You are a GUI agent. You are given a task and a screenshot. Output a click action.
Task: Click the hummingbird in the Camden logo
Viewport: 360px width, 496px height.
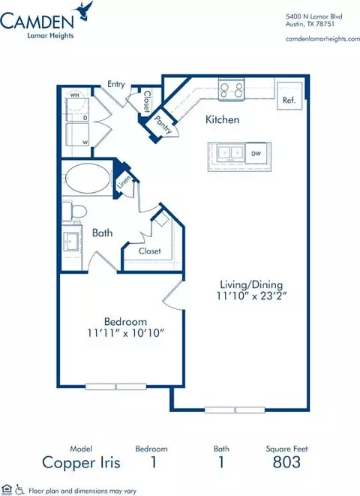[x=85, y=11]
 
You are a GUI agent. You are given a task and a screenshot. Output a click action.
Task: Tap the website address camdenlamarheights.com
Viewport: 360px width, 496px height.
[x=322, y=39]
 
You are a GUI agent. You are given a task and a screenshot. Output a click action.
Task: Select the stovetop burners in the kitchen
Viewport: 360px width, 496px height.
[x=232, y=89]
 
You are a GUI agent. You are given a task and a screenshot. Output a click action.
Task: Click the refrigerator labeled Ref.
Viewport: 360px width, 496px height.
[x=289, y=96]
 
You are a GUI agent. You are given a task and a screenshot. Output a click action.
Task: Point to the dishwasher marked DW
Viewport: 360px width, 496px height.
[x=256, y=153]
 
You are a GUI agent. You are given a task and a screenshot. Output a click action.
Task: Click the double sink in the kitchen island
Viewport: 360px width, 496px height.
[x=229, y=152]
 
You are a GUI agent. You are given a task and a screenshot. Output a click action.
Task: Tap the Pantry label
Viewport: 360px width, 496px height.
[x=163, y=125]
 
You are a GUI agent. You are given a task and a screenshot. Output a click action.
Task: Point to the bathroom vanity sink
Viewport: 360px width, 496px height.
[x=70, y=242]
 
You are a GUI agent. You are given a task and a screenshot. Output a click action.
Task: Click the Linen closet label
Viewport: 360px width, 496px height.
[x=124, y=182]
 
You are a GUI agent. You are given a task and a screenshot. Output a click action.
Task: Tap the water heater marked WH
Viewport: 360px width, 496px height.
[x=78, y=103]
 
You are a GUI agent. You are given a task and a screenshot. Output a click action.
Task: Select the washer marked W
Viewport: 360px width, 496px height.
[x=78, y=134]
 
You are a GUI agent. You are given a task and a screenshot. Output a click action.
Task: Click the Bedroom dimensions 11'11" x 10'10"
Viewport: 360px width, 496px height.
[x=126, y=332]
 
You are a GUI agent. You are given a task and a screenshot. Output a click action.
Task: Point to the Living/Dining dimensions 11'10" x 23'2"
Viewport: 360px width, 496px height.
[x=251, y=296]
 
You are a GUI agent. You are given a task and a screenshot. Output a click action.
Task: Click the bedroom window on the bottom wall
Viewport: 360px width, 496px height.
[x=116, y=386]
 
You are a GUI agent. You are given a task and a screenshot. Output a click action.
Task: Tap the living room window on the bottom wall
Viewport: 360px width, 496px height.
[x=235, y=410]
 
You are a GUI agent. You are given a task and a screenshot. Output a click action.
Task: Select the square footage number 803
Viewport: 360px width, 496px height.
[x=286, y=462]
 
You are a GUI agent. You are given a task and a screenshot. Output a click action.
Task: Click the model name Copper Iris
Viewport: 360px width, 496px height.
[x=81, y=462]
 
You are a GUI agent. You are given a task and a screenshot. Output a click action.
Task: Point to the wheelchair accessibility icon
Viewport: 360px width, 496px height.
[x=19, y=489]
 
